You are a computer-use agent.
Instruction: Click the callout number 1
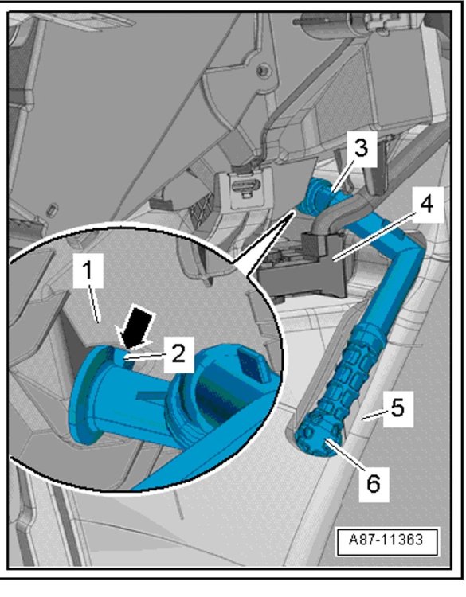(x=88, y=271)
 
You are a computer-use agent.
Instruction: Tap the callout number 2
(x=178, y=353)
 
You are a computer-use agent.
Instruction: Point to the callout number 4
(x=427, y=204)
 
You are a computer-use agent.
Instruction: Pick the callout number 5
(x=397, y=408)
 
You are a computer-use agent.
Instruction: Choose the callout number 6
(x=374, y=483)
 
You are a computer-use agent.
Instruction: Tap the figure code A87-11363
(x=386, y=540)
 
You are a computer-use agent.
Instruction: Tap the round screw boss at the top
(x=262, y=70)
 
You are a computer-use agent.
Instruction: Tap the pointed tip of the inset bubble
(x=293, y=211)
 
